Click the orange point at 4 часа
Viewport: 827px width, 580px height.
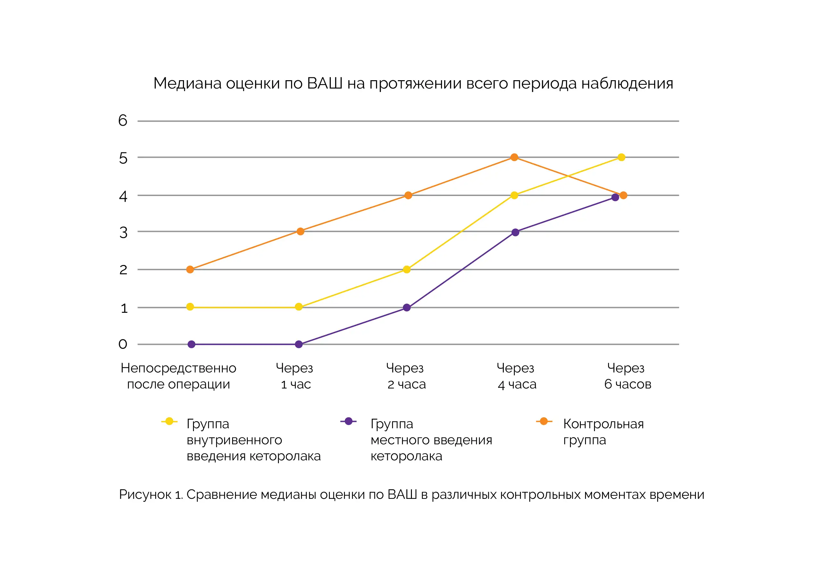(x=514, y=157)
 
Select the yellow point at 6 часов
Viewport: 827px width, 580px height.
(x=621, y=157)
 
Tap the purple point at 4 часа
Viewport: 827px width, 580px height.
(x=515, y=232)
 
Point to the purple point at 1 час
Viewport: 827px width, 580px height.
(x=299, y=344)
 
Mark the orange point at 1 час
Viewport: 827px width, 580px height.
(x=300, y=231)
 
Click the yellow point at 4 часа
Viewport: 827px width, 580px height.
(x=514, y=195)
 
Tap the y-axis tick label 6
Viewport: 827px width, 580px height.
(x=123, y=120)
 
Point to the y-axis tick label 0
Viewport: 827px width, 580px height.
(x=123, y=344)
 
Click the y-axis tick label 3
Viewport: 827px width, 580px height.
(x=123, y=233)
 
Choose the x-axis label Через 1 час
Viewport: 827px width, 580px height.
(x=295, y=376)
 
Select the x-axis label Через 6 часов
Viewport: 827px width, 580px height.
(x=627, y=376)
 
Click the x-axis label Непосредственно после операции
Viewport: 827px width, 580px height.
(x=178, y=376)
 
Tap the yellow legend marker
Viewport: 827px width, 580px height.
(x=169, y=422)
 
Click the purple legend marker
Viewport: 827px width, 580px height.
(x=348, y=422)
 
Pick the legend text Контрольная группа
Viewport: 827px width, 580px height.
(x=603, y=432)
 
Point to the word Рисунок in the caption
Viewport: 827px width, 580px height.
(x=145, y=494)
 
